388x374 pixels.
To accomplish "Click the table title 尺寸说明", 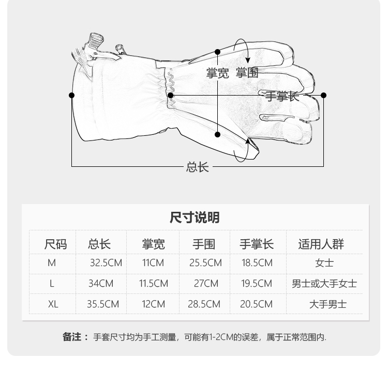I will tap(194, 217).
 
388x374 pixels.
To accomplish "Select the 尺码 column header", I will tap(55, 244).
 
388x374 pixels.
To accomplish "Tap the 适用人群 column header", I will tap(321, 244).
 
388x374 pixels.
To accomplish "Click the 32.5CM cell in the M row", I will tap(106, 263).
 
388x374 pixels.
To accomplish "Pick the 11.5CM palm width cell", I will tap(154, 284).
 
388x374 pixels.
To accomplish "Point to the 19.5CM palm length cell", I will tap(256, 284).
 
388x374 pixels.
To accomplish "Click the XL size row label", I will tap(53, 304).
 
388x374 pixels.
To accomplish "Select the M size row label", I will tap(52, 263).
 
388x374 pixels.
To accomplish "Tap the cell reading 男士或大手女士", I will tap(324, 284).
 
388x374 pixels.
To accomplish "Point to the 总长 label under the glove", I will tap(197, 167).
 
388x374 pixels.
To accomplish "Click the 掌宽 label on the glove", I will tap(217, 73).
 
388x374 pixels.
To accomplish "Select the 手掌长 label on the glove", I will tap(282, 96).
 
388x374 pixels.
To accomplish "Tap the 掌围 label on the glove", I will tap(247, 73).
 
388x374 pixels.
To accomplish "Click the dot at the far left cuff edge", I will tap(72, 95).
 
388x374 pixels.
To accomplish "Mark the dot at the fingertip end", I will tap(324, 95).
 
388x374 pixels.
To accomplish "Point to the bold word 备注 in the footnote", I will tap(72, 337).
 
